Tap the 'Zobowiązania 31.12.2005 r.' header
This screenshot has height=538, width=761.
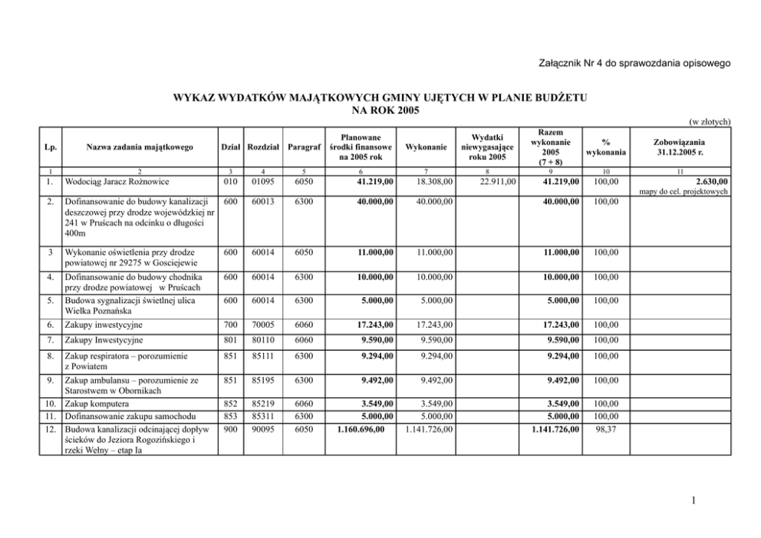click(x=679, y=147)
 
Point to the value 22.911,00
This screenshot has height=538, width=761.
click(x=496, y=182)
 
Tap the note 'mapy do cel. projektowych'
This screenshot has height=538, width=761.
click(x=683, y=192)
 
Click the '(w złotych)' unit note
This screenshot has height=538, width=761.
click(x=708, y=121)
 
